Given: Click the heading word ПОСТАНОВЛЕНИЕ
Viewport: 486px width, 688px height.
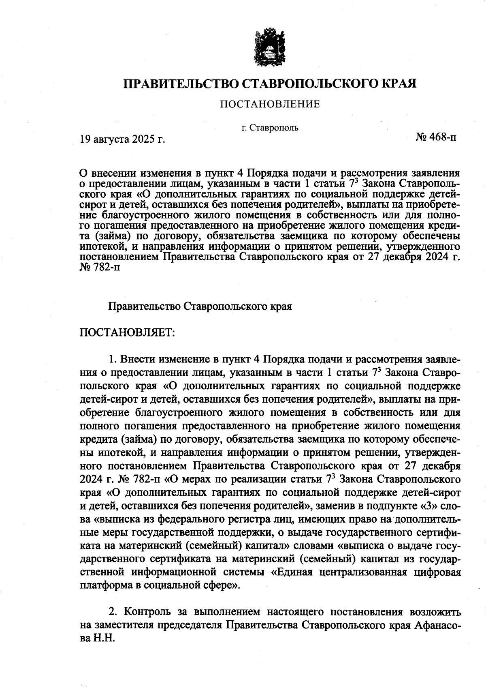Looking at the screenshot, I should (270, 104).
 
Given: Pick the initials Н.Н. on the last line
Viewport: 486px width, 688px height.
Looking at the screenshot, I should (105, 638).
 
